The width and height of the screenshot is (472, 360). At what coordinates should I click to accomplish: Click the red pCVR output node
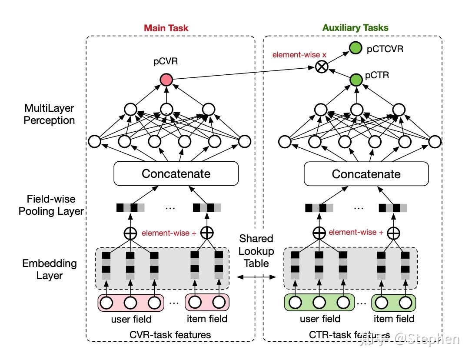pyautogui.click(x=166, y=80)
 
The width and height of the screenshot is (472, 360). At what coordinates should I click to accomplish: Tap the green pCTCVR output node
pyautogui.click(x=356, y=48)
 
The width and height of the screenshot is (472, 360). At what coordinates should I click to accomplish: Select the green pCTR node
pyautogui.click(x=356, y=80)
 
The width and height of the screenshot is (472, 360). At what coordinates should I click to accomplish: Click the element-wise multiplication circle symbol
pyautogui.click(x=321, y=67)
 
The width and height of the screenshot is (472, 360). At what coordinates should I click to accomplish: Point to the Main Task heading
pyautogui.click(x=166, y=28)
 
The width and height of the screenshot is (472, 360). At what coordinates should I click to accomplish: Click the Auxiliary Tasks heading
pyautogui.click(x=355, y=28)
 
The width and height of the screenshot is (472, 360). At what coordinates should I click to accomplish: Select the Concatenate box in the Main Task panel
pyautogui.click(x=176, y=174)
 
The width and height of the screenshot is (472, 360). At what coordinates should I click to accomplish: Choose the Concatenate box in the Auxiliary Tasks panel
pyautogui.click(x=366, y=174)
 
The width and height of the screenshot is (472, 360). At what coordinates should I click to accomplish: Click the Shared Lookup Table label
pyautogui.click(x=256, y=251)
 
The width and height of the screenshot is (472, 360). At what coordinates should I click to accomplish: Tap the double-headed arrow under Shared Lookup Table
pyautogui.click(x=256, y=277)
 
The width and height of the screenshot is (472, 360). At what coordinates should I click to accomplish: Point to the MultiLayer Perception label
pyautogui.click(x=50, y=113)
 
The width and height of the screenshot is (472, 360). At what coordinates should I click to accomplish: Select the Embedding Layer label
pyautogui.click(x=50, y=269)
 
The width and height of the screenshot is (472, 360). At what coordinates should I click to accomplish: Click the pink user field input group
pyautogui.click(x=131, y=302)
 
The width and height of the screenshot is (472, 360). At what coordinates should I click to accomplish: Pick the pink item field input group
pyautogui.click(x=207, y=302)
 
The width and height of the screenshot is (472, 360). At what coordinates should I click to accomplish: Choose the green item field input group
pyautogui.click(x=394, y=302)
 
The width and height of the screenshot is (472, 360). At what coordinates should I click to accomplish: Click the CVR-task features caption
pyautogui.click(x=170, y=334)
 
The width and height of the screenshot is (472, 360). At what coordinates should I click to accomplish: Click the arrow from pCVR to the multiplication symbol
pyautogui.click(x=243, y=73)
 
